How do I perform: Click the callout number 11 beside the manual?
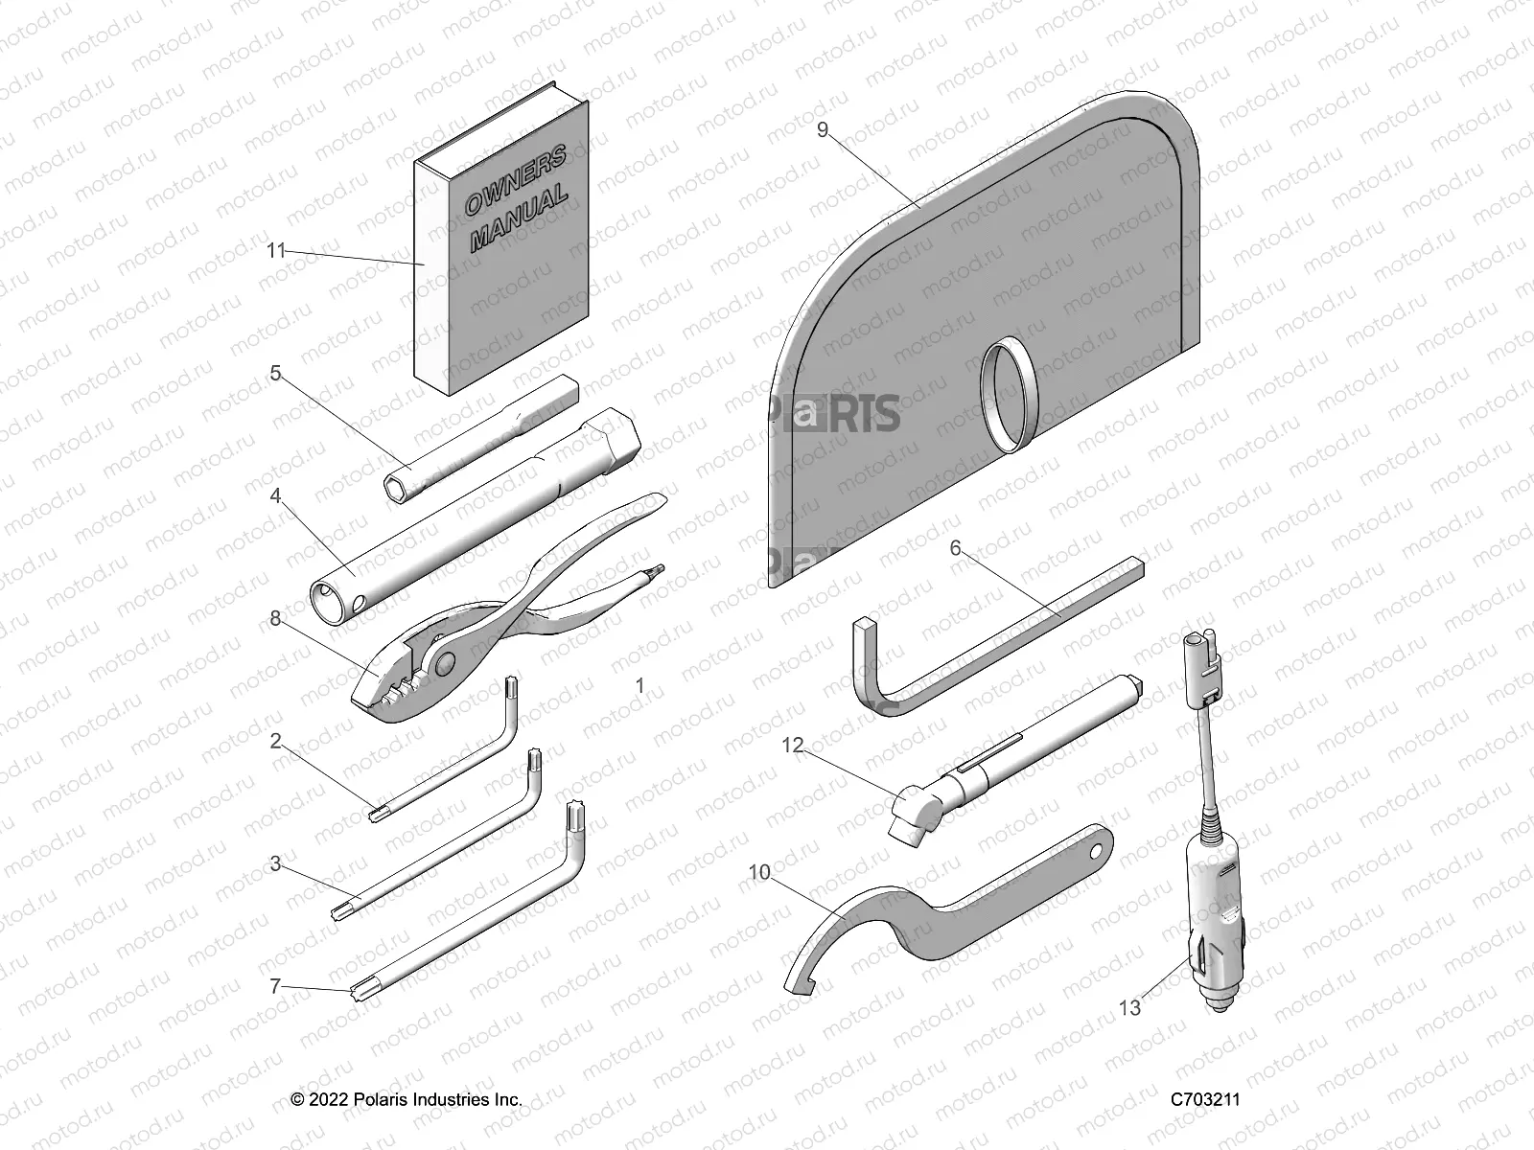[276, 251]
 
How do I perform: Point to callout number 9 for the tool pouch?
[822, 130]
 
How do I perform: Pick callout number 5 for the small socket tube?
[276, 374]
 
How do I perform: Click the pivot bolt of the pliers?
[444, 662]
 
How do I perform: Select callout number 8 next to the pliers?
[276, 619]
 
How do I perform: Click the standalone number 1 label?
[640, 686]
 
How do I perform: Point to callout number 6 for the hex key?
[955, 548]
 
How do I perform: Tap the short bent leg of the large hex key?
[867, 661]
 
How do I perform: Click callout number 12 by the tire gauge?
[792, 744]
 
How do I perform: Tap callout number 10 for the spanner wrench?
[759, 872]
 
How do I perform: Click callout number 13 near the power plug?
[1130, 1008]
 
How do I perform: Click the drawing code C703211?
[1205, 1099]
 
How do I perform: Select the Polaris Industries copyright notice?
[407, 1099]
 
